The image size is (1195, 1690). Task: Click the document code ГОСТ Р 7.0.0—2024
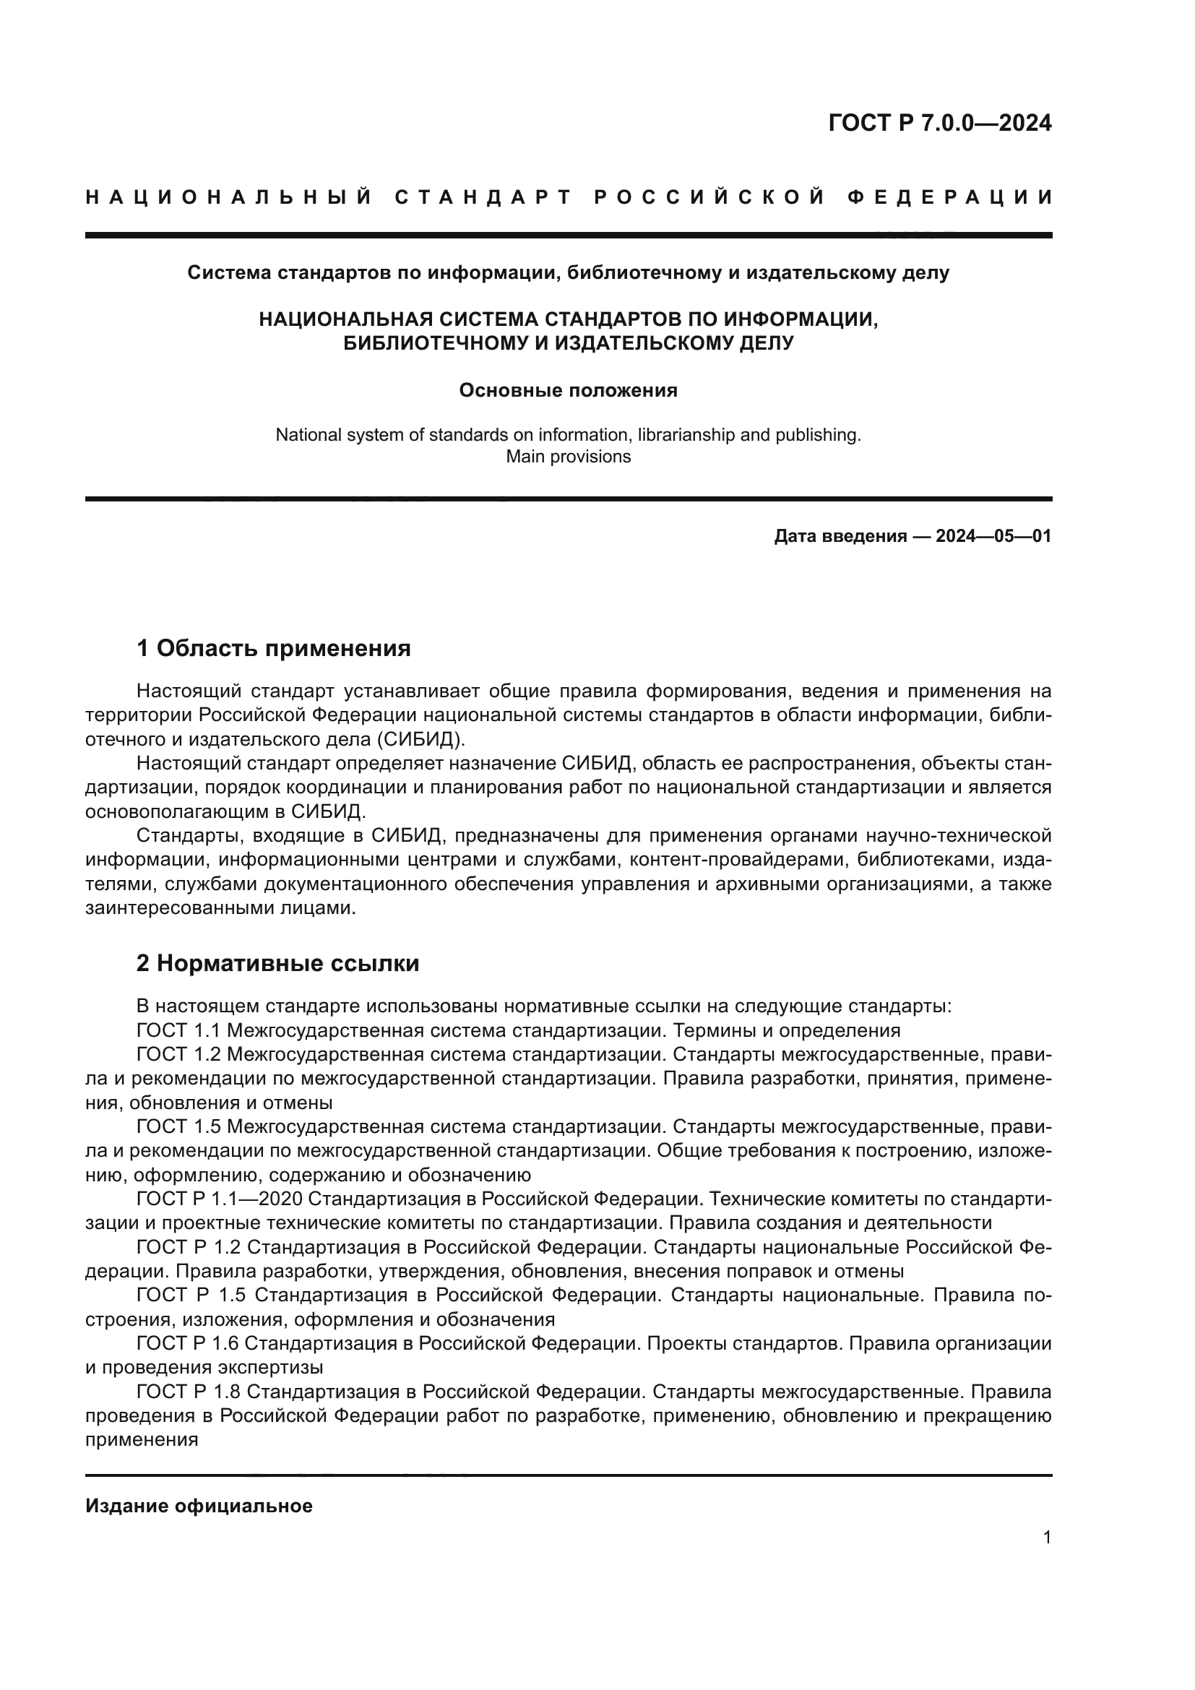point(940,123)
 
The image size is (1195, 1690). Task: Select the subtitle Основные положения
point(568,390)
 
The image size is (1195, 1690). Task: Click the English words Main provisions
point(568,457)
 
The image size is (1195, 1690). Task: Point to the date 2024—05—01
point(993,536)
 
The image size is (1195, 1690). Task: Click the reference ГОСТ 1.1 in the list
point(178,1030)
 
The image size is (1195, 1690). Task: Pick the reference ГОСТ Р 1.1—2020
point(220,1199)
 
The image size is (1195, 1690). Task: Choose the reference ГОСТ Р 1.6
point(187,1343)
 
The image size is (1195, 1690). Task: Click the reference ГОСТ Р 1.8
point(189,1392)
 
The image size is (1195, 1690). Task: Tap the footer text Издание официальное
point(199,1506)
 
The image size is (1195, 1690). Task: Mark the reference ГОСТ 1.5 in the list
point(178,1127)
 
